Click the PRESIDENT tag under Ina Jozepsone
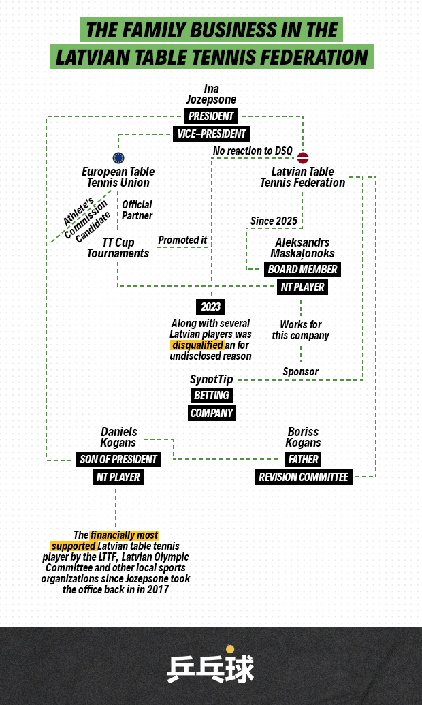211,116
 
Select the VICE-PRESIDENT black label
211,134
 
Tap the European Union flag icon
118,158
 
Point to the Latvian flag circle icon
303,158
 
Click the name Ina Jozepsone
211,94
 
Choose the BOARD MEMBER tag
302,269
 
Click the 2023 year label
211,307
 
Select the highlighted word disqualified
197,345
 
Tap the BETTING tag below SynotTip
212,395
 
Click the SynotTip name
211,379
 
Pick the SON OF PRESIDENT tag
118,459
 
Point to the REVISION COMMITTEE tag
304,477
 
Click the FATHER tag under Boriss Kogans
304,459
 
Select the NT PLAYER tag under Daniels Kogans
118,477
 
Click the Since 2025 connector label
274,221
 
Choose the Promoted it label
182,240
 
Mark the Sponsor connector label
301,371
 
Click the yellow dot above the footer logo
230,649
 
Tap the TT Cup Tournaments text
118,248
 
